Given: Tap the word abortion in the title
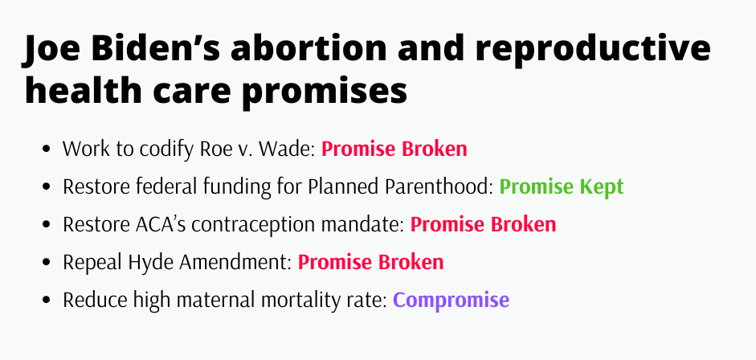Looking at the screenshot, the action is pyautogui.click(x=309, y=48).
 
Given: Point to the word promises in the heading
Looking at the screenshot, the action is pyautogui.click(x=325, y=92).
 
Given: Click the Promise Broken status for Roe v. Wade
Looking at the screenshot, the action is pyautogui.click(x=394, y=149).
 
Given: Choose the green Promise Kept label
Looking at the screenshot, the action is pyautogui.click(x=562, y=186).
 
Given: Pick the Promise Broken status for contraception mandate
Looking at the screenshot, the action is pyautogui.click(x=483, y=224).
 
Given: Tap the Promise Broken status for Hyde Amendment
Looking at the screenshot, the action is pyautogui.click(x=370, y=262).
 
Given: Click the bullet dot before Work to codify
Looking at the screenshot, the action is pyautogui.click(x=47, y=149).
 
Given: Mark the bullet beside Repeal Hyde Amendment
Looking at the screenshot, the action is pyautogui.click(x=47, y=262).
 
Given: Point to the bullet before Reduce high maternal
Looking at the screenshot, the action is pyautogui.click(x=47, y=301).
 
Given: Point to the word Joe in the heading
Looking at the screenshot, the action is pyautogui.click(x=51, y=49).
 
